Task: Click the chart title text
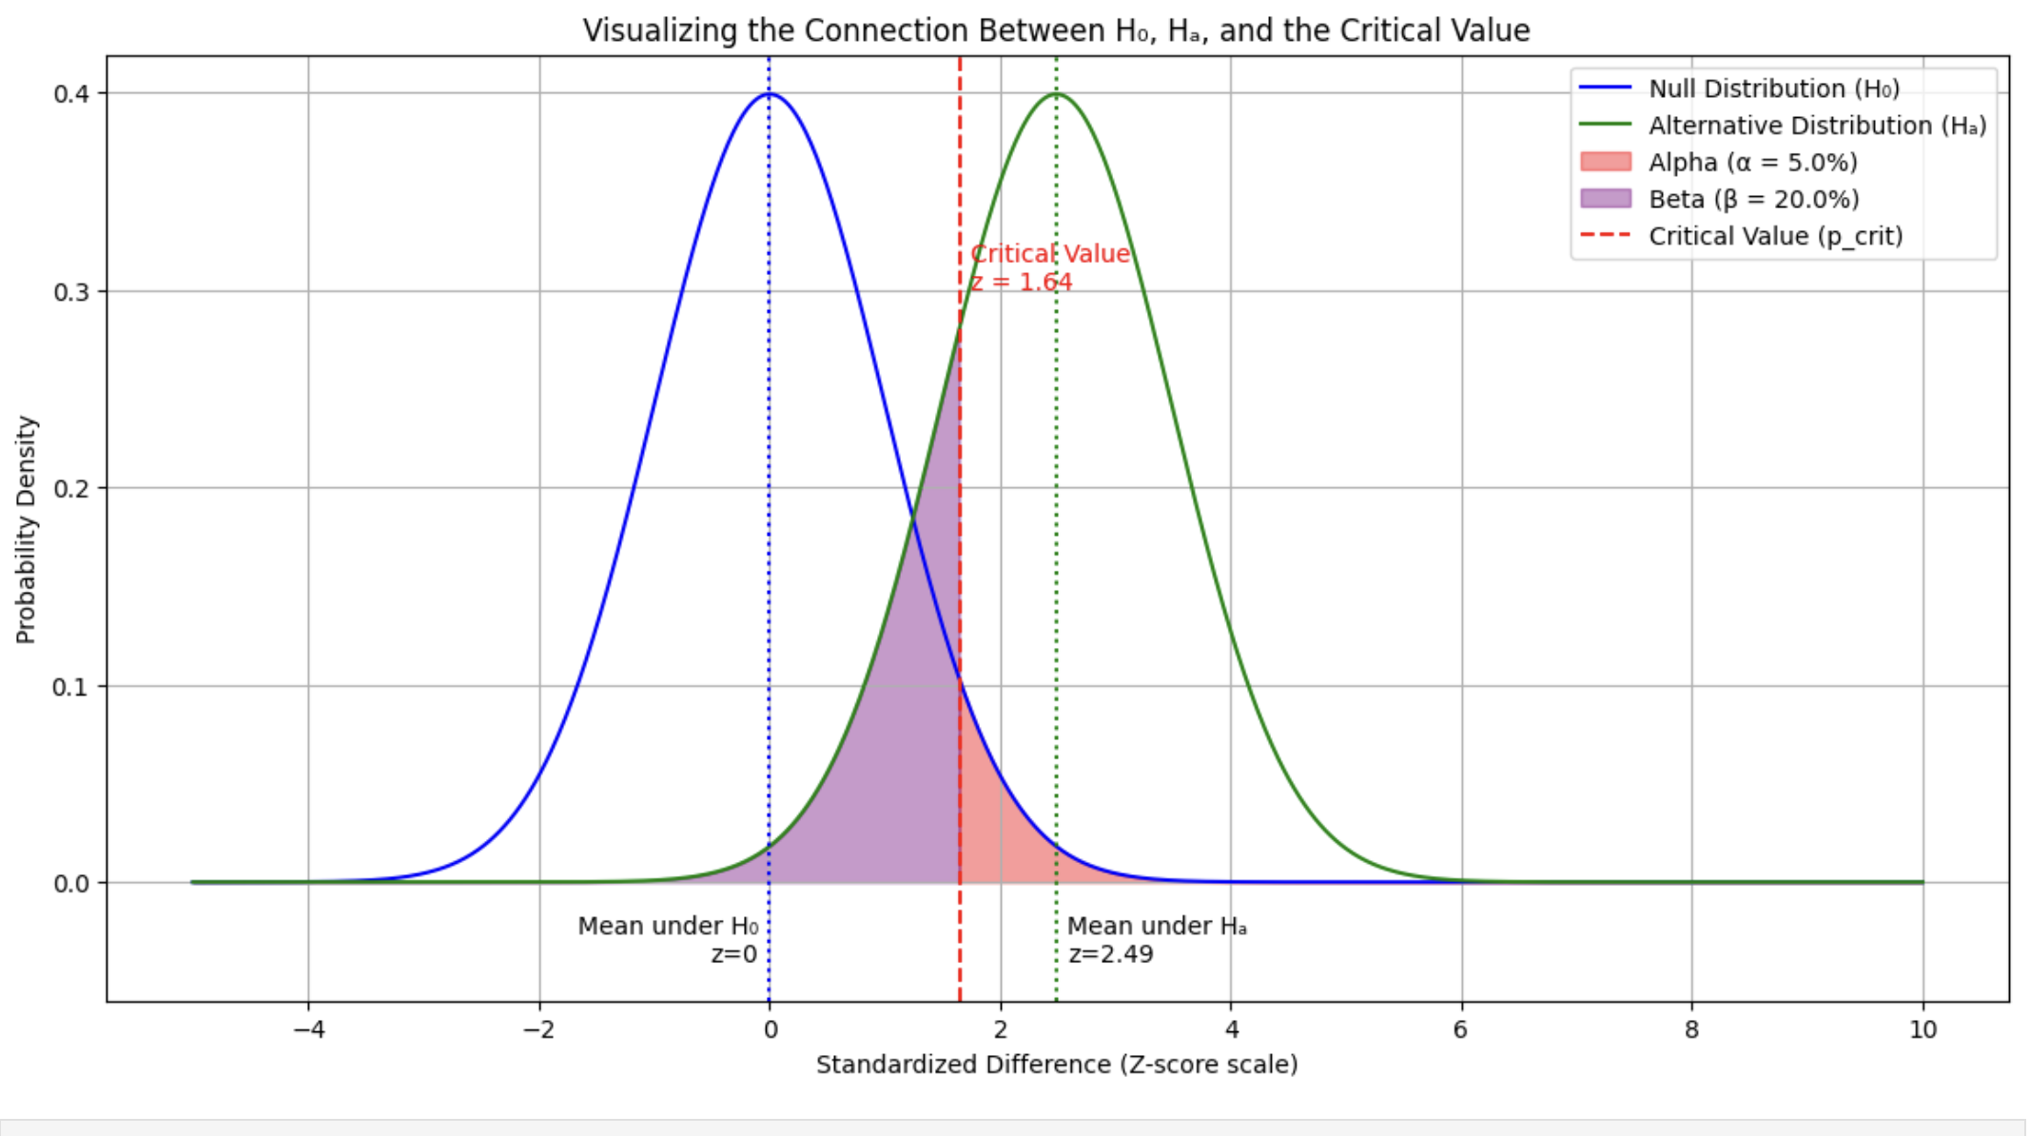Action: [x=1056, y=30]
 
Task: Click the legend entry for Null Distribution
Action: [x=1773, y=88]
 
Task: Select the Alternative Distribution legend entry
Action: [x=1817, y=126]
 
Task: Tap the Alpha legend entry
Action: [x=1752, y=163]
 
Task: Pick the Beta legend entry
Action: [x=1753, y=199]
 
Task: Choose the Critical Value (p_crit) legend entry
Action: [x=1775, y=236]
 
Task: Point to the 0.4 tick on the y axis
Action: [x=71, y=93]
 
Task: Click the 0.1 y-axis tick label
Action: [x=71, y=686]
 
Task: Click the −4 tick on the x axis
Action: [x=308, y=1029]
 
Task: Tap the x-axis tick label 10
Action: [x=1923, y=1029]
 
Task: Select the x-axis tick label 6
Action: [x=1461, y=1029]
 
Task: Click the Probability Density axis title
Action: [x=26, y=529]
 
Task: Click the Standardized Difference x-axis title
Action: [x=1056, y=1065]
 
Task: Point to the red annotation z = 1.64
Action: [x=1022, y=283]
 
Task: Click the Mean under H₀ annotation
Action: [x=668, y=926]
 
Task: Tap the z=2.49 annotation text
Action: [x=1110, y=954]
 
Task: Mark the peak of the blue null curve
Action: [x=770, y=94]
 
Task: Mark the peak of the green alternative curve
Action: [x=1056, y=94]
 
